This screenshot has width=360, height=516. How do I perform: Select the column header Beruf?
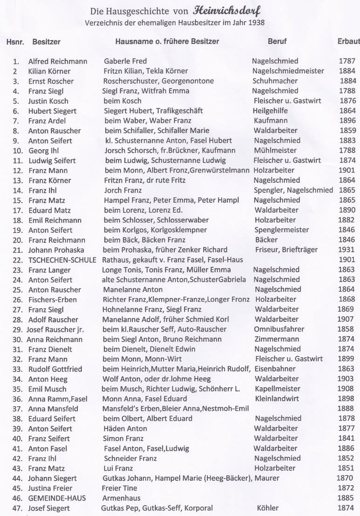pyautogui.click(x=277, y=41)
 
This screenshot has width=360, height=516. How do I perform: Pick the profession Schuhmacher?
pyautogui.click(x=275, y=81)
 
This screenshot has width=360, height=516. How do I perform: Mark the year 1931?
pyautogui.click(x=347, y=250)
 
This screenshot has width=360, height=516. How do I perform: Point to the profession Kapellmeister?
pyautogui.click(x=278, y=389)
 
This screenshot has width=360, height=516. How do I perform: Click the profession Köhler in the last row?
pyautogui.click(x=267, y=508)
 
